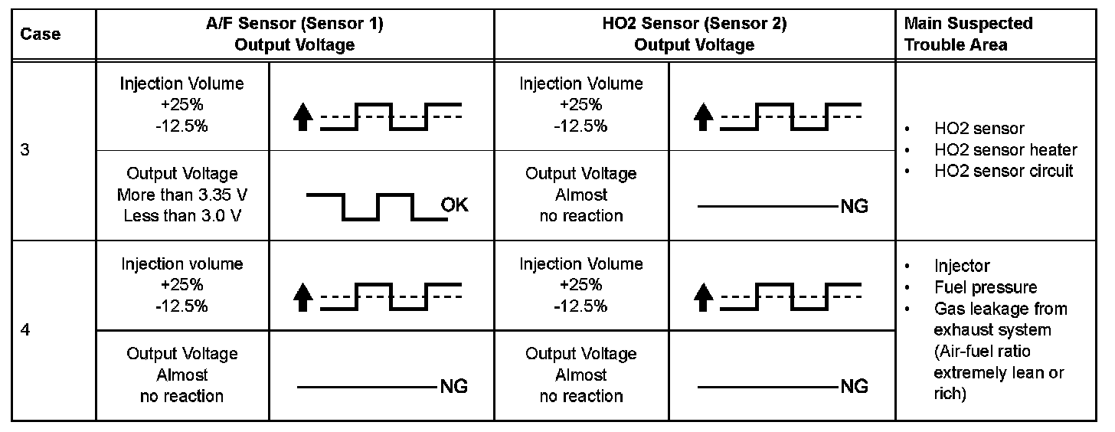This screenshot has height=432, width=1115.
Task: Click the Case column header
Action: tap(40, 34)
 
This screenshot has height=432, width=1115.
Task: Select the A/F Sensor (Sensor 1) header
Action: tap(295, 34)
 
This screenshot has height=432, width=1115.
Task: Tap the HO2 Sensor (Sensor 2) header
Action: tap(694, 34)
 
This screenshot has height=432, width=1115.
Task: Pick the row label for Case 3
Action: tap(25, 151)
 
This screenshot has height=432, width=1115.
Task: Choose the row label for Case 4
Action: tap(25, 332)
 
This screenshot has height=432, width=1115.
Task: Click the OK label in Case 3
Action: tap(454, 205)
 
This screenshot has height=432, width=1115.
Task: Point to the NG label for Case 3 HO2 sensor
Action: tap(854, 206)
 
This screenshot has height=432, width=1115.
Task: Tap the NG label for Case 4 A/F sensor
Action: tap(453, 386)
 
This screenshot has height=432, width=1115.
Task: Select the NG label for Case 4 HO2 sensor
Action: tap(854, 386)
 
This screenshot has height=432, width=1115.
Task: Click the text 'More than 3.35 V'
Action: tap(182, 195)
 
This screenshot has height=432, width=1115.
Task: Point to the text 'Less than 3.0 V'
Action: tap(182, 215)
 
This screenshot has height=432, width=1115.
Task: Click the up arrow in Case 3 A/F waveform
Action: tap(303, 117)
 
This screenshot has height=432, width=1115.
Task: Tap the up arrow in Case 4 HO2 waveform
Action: tap(704, 296)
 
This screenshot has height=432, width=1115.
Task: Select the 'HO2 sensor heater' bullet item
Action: tap(1005, 150)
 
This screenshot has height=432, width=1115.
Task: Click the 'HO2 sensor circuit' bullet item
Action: tap(1004, 171)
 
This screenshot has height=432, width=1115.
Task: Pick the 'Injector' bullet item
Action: tap(962, 266)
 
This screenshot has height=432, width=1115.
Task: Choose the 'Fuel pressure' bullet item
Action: tap(986, 287)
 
